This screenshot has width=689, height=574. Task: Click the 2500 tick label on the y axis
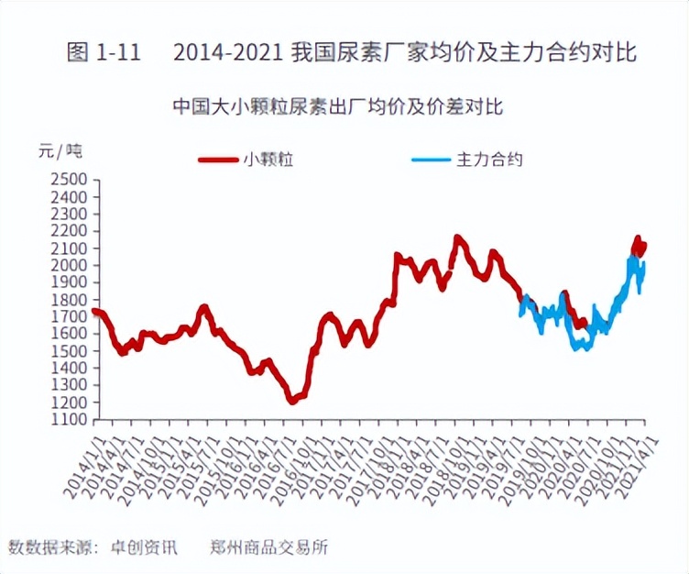pyautogui.click(x=68, y=180)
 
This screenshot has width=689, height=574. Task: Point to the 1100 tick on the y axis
pyautogui.click(x=68, y=419)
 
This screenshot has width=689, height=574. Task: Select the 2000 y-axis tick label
pyautogui.click(x=68, y=265)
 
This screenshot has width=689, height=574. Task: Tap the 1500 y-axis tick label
pyautogui.click(x=68, y=351)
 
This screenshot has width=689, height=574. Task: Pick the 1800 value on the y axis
pyautogui.click(x=68, y=300)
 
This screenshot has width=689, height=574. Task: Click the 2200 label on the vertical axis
pyautogui.click(x=68, y=231)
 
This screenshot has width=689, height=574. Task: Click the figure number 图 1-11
pyautogui.click(x=103, y=52)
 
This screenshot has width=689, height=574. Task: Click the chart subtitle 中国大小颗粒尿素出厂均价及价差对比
pyautogui.click(x=338, y=107)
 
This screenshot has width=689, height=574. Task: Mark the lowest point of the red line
pyautogui.click(x=292, y=401)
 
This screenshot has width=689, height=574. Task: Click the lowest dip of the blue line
pyautogui.click(x=579, y=348)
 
